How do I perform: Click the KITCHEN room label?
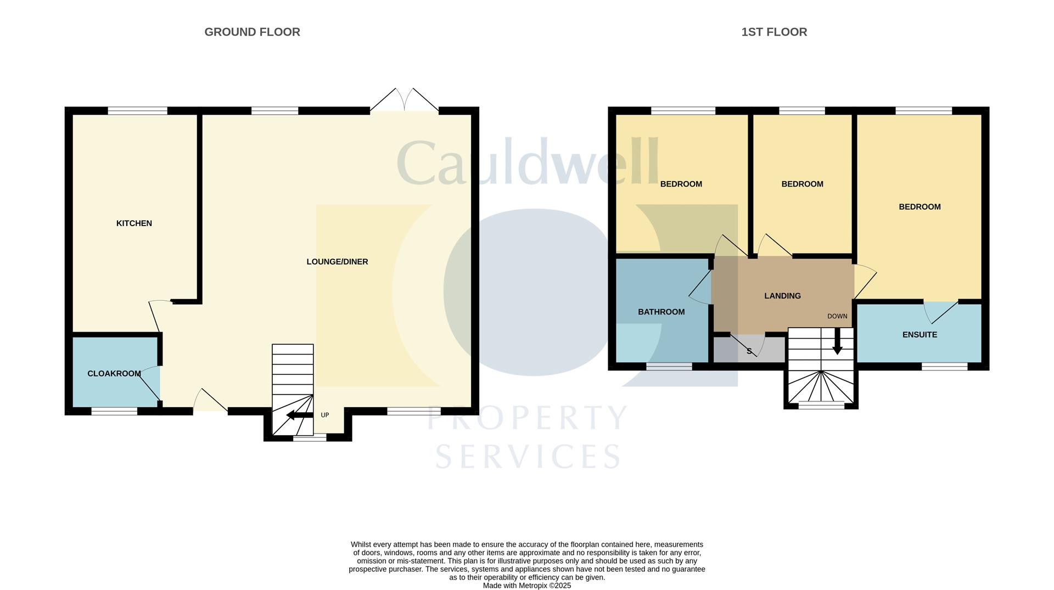click(134, 223)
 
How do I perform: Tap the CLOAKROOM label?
click(114, 374)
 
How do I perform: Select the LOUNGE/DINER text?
click(337, 262)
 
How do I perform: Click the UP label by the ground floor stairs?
click(325, 415)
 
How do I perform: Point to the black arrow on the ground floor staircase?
click(299, 415)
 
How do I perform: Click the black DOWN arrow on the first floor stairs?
click(837, 342)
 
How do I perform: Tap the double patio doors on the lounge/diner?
click(405, 101)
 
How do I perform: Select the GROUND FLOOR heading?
click(252, 32)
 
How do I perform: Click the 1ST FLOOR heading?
click(774, 32)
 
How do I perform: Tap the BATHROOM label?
click(661, 312)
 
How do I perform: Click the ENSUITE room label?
click(920, 335)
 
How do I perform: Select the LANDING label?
click(782, 296)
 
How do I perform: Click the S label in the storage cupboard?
click(749, 351)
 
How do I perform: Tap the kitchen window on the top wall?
click(137, 111)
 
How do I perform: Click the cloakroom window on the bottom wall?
click(114, 411)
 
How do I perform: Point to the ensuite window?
click(944, 367)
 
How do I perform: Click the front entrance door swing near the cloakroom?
click(209, 401)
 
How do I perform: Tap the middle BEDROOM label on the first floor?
click(802, 184)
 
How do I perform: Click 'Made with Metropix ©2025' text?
click(526, 586)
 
